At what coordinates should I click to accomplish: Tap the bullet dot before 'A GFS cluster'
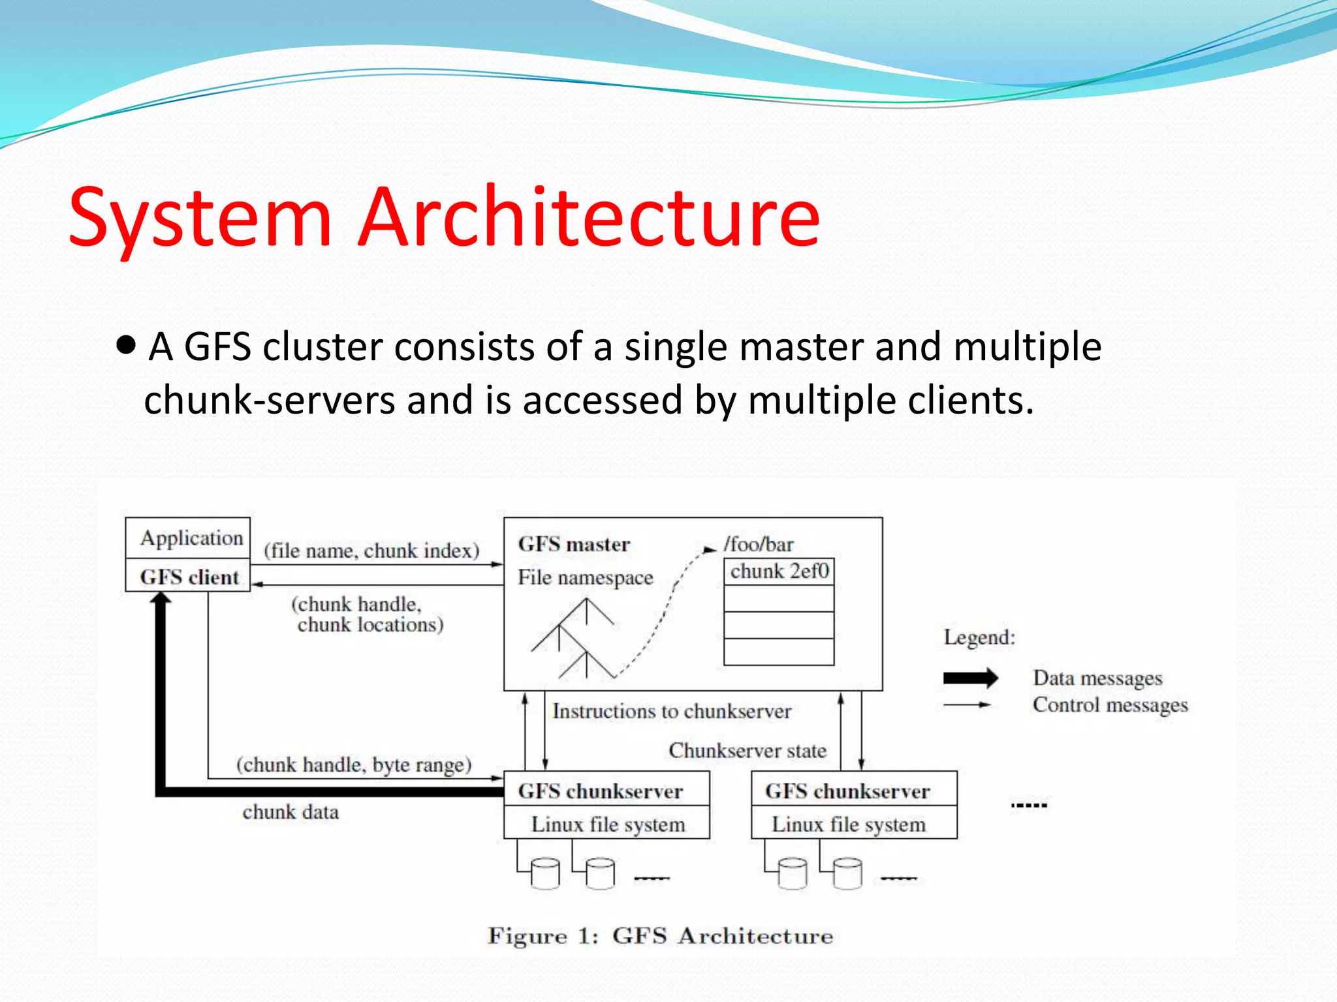coord(126,344)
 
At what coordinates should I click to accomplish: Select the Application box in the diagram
coord(188,538)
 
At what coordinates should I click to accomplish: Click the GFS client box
coord(188,577)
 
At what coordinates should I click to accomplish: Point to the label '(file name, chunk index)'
coord(371,551)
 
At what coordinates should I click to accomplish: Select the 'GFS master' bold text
coord(574,544)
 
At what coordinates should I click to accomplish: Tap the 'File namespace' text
coord(585,577)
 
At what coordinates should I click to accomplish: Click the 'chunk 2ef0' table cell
coord(779,571)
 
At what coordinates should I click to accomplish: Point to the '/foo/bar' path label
coord(758,544)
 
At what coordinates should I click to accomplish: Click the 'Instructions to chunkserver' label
coord(671,710)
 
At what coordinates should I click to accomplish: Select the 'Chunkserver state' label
coord(747,750)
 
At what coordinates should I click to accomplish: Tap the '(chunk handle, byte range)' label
coord(354,764)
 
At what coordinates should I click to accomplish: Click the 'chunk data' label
coord(291,812)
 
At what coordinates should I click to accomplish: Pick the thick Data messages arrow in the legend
coord(970,678)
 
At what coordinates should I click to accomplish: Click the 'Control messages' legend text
coord(1110,705)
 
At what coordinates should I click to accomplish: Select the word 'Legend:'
coord(979,637)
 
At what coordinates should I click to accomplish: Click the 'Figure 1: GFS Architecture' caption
coord(660,936)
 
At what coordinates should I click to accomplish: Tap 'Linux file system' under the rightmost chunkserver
coord(848,824)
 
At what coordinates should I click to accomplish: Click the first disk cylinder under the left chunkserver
coord(545,873)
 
